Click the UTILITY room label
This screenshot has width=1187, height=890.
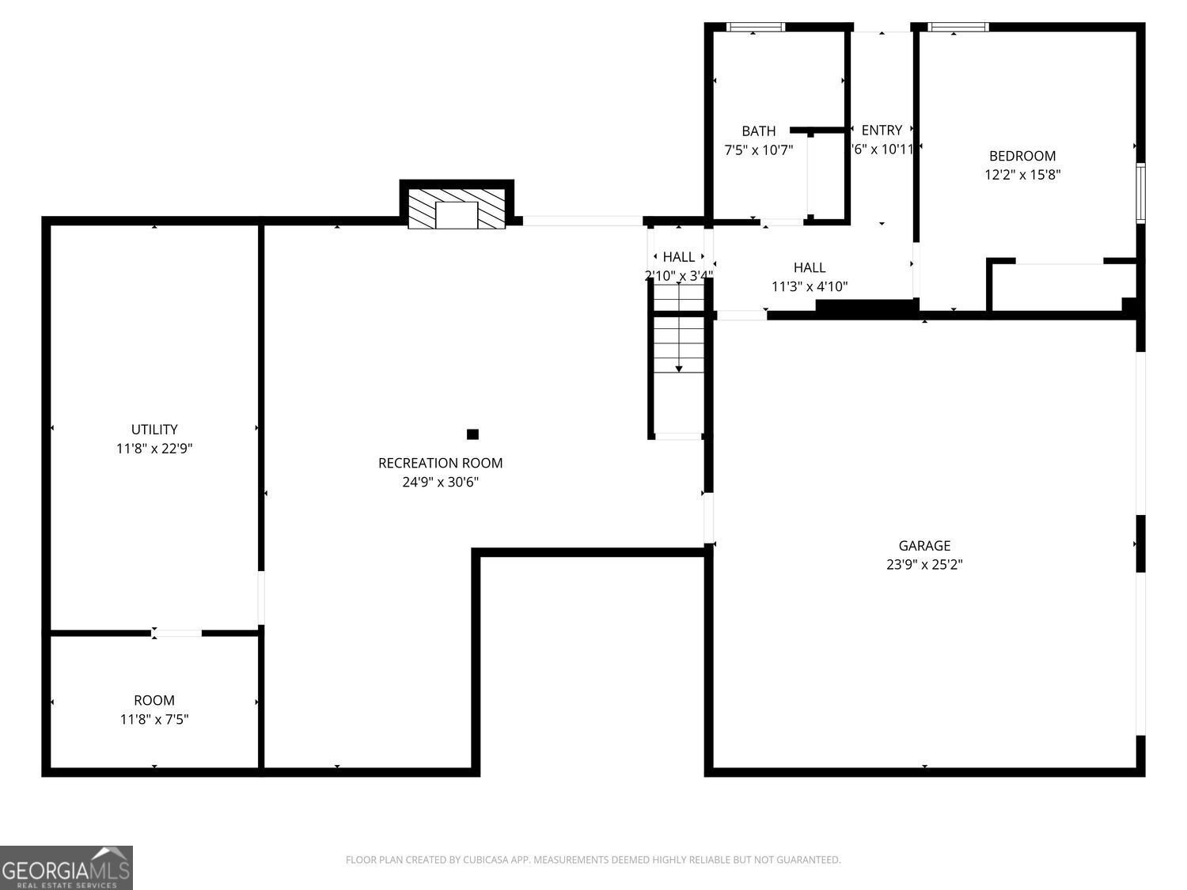(x=154, y=430)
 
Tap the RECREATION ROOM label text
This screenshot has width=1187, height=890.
(x=440, y=463)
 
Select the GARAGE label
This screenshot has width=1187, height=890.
(x=924, y=545)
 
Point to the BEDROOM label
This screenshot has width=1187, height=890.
(x=1022, y=156)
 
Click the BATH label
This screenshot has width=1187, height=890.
(x=758, y=131)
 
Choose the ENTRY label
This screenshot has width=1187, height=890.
(x=881, y=130)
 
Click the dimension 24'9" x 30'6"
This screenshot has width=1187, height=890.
(x=440, y=482)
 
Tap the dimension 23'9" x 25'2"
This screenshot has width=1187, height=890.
(x=924, y=564)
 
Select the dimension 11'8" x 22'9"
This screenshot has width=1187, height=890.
(x=154, y=449)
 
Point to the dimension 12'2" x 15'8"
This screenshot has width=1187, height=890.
(x=1022, y=175)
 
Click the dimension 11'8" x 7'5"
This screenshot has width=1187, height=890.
(x=154, y=719)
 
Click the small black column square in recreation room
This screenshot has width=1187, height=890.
(x=472, y=434)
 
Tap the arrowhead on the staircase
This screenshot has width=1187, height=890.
(x=679, y=369)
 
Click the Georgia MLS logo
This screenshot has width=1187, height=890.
(x=66, y=868)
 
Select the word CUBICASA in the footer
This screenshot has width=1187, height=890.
(x=484, y=860)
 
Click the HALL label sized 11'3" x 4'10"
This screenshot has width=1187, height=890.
(x=810, y=267)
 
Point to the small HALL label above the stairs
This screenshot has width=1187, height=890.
(x=678, y=256)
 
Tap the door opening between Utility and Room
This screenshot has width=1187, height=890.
(x=176, y=633)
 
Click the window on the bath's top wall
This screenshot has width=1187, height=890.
(x=756, y=27)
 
